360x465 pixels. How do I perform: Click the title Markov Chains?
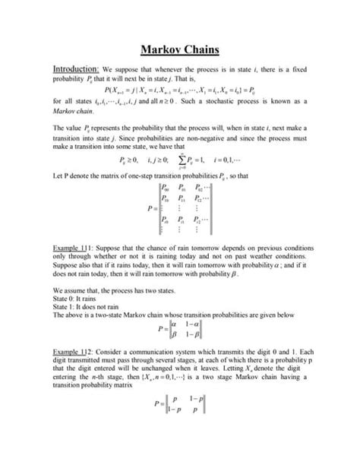[x=180, y=51]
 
